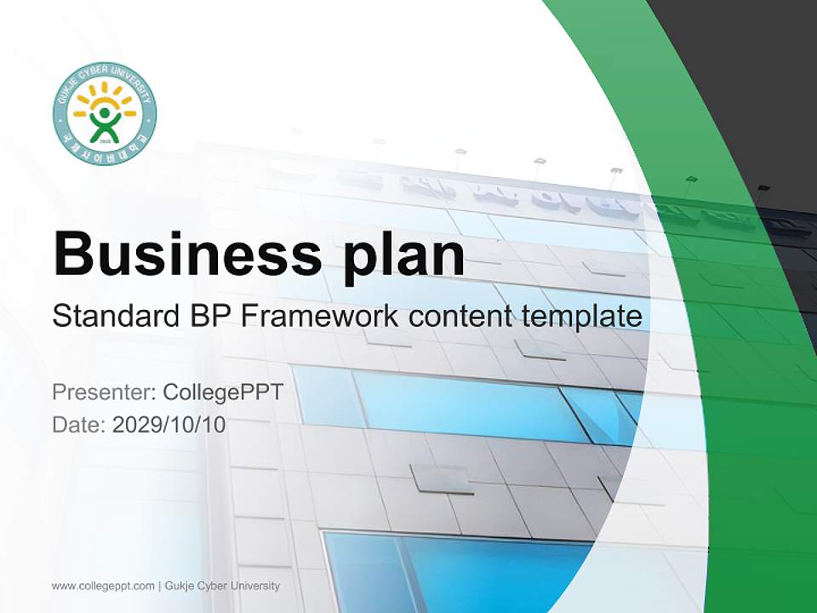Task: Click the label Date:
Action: click(x=79, y=424)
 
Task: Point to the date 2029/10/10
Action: click(x=169, y=424)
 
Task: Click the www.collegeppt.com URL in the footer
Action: click(x=103, y=586)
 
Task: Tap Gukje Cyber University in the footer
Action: click(x=223, y=586)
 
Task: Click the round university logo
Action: click(x=105, y=113)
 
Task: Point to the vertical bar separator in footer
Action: click(x=160, y=586)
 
